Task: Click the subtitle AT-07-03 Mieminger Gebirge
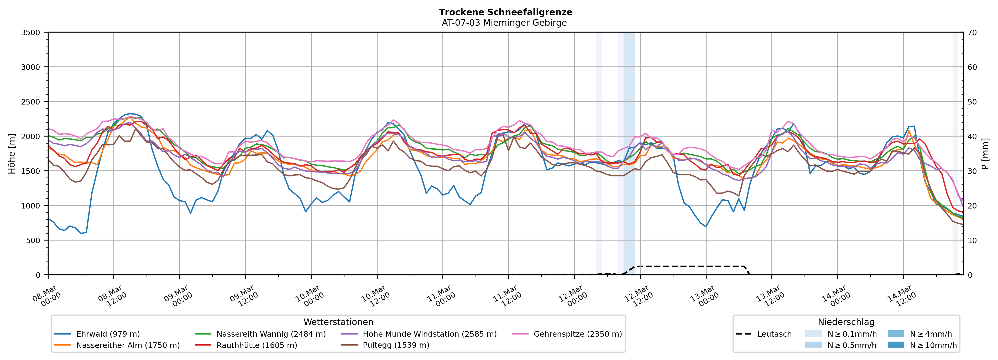(504, 23)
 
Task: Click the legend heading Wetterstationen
(338, 322)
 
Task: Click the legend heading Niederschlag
(846, 322)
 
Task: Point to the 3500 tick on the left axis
(31, 33)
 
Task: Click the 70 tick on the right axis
(972, 33)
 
